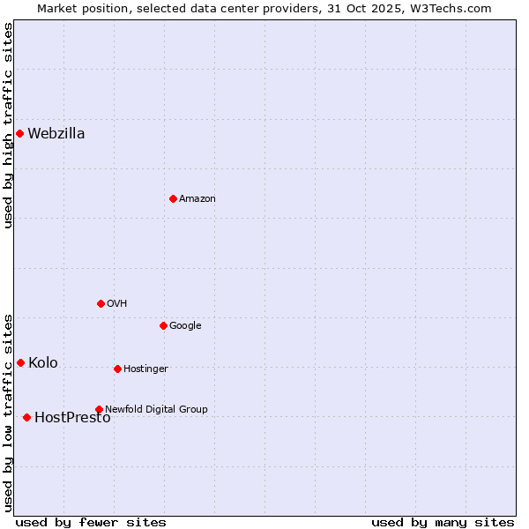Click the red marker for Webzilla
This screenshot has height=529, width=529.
pyautogui.click(x=19, y=133)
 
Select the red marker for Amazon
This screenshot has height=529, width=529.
pyautogui.click(x=173, y=198)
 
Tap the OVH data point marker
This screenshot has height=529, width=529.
pyautogui.click(x=101, y=303)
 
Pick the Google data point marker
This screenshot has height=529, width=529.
pyautogui.click(x=163, y=325)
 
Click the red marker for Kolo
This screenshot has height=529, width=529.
pyautogui.click(x=20, y=362)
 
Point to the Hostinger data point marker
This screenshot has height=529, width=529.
pyautogui.click(x=117, y=369)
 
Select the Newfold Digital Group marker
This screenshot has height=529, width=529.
pyautogui.click(x=99, y=409)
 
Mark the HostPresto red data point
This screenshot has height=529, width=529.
pyautogui.click(x=26, y=417)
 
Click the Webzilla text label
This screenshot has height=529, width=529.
pyautogui.click(x=56, y=134)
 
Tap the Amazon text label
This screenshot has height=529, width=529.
pyautogui.click(x=197, y=199)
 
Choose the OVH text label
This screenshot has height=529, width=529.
pyautogui.click(x=117, y=304)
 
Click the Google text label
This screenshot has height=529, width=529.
pyautogui.click(x=185, y=326)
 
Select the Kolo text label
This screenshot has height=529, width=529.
pyautogui.click(x=43, y=363)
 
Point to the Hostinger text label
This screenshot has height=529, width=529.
pyautogui.click(x=145, y=369)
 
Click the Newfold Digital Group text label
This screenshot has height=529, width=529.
pyautogui.click(x=156, y=410)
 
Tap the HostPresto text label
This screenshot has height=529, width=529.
pyautogui.click(x=72, y=418)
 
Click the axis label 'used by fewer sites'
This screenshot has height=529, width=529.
pyautogui.click(x=91, y=522)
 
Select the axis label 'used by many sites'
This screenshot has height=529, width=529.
pyautogui.click(x=443, y=522)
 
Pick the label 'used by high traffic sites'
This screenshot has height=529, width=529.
pyautogui.click(x=9, y=125)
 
